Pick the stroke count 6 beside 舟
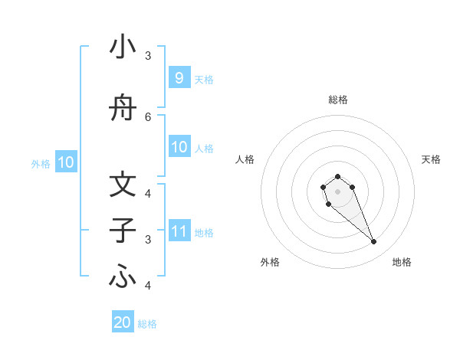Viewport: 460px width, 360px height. coord(148,116)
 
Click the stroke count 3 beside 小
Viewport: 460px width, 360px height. coord(148,56)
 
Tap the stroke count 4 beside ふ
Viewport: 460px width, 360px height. coord(148,286)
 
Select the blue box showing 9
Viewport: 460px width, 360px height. coord(179,77)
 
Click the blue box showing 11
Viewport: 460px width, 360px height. coord(179,231)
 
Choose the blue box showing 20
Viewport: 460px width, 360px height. coord(123,322)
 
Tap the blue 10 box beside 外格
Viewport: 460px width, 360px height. coord(65,162)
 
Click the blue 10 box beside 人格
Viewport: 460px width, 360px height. coord(179,147)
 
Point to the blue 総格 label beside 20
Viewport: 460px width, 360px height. coord(147,324)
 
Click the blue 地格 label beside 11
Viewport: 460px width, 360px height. coord(204,232)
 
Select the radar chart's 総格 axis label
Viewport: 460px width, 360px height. coord(337,100)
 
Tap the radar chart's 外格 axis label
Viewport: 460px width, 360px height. coord(270,263)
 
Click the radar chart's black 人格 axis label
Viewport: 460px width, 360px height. coord(245,159)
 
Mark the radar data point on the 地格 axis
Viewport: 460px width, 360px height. coord(374,242)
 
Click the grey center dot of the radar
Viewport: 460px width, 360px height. coord(337,191)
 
